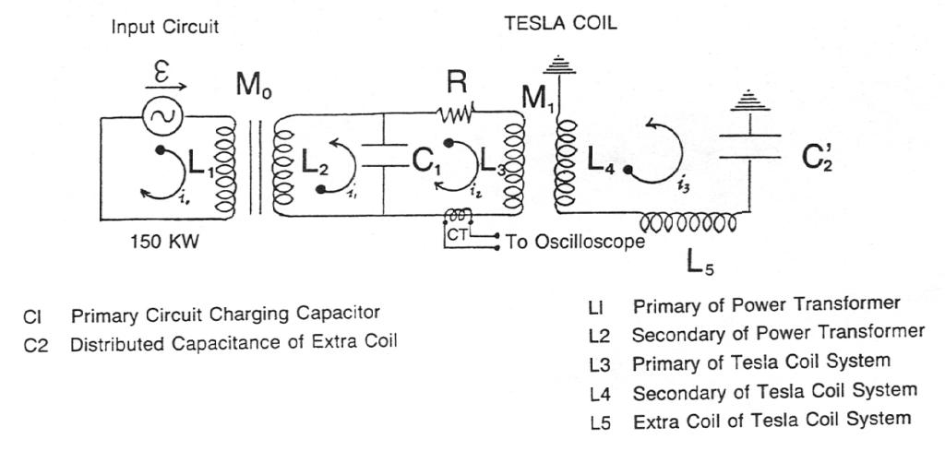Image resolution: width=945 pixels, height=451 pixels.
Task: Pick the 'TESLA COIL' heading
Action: [559, 25]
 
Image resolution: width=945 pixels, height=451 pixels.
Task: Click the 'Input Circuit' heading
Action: [165, 27]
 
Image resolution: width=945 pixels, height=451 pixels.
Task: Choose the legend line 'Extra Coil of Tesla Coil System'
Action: [772, 418]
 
